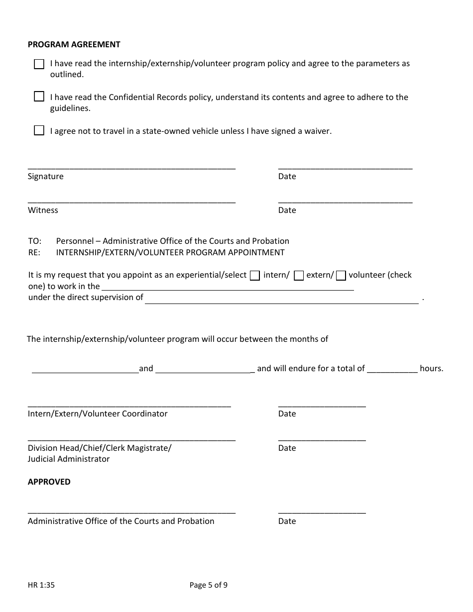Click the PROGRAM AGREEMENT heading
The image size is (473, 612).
pos(74,44)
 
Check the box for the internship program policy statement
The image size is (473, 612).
pos(39,64)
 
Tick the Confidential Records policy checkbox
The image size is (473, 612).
pos(39,97)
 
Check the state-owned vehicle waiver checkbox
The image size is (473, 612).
pos(39,131)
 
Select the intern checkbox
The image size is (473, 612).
pos(254,276)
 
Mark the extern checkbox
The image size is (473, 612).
pos(299,276)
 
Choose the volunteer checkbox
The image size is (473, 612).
pos(341,276)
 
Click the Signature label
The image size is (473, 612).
pos(46,176)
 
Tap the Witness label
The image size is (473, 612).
pos(43,210)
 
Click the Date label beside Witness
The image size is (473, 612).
pos(287,210)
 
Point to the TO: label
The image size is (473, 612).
pos(34,241)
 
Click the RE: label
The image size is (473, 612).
pos(34,252)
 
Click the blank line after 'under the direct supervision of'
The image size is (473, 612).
pos(281,300)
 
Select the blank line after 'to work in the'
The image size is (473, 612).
pos(228,287)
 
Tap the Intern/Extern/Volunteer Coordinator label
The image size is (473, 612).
pos(98,413)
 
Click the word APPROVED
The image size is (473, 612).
pos(49,482)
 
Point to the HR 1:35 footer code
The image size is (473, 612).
pos(41,585)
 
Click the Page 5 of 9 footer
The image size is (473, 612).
pos(209,585)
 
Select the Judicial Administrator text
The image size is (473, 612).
pos(69,459)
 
